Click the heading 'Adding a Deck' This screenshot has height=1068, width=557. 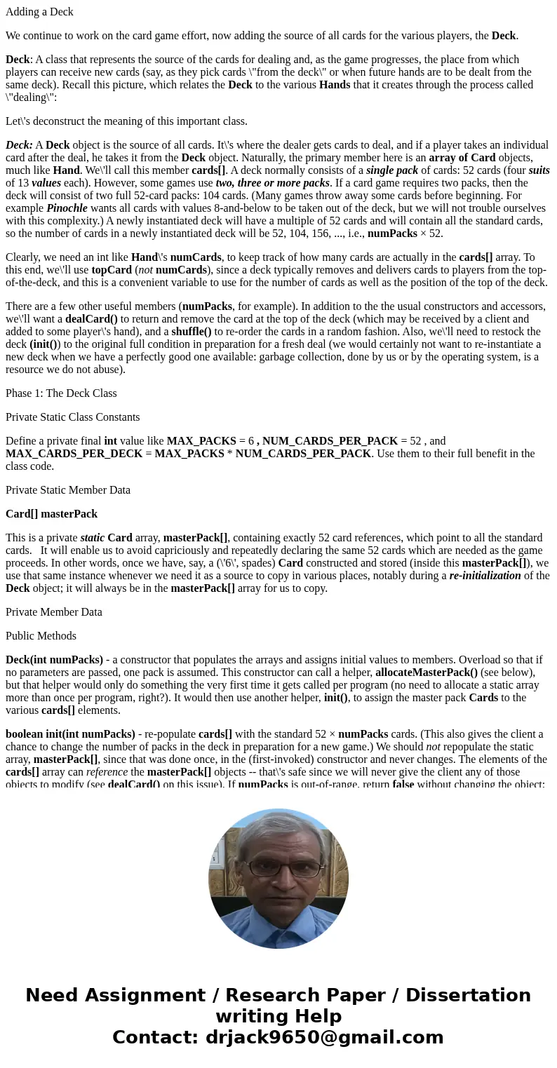point(39,12)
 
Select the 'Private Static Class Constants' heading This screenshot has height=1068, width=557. point(72,417)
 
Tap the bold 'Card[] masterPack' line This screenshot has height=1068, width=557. point(51,514)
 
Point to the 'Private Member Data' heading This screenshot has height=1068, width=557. point(53,612)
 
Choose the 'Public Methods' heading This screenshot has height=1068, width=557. point(41,636)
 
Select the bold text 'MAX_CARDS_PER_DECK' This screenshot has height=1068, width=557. point(63,454)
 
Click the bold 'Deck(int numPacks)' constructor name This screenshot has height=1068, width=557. point(54,660)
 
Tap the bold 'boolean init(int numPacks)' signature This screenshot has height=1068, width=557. point(70,734)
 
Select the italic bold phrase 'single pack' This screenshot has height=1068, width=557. point(392,170)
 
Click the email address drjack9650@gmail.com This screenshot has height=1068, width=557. point(324,1037)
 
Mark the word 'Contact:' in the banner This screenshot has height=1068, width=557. point(155,1037)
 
